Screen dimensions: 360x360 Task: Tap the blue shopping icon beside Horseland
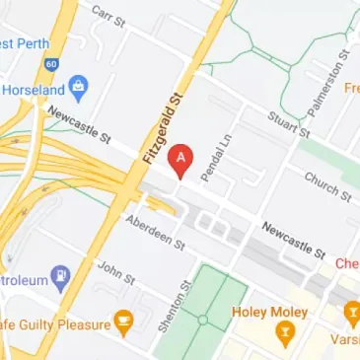pos(81,89)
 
